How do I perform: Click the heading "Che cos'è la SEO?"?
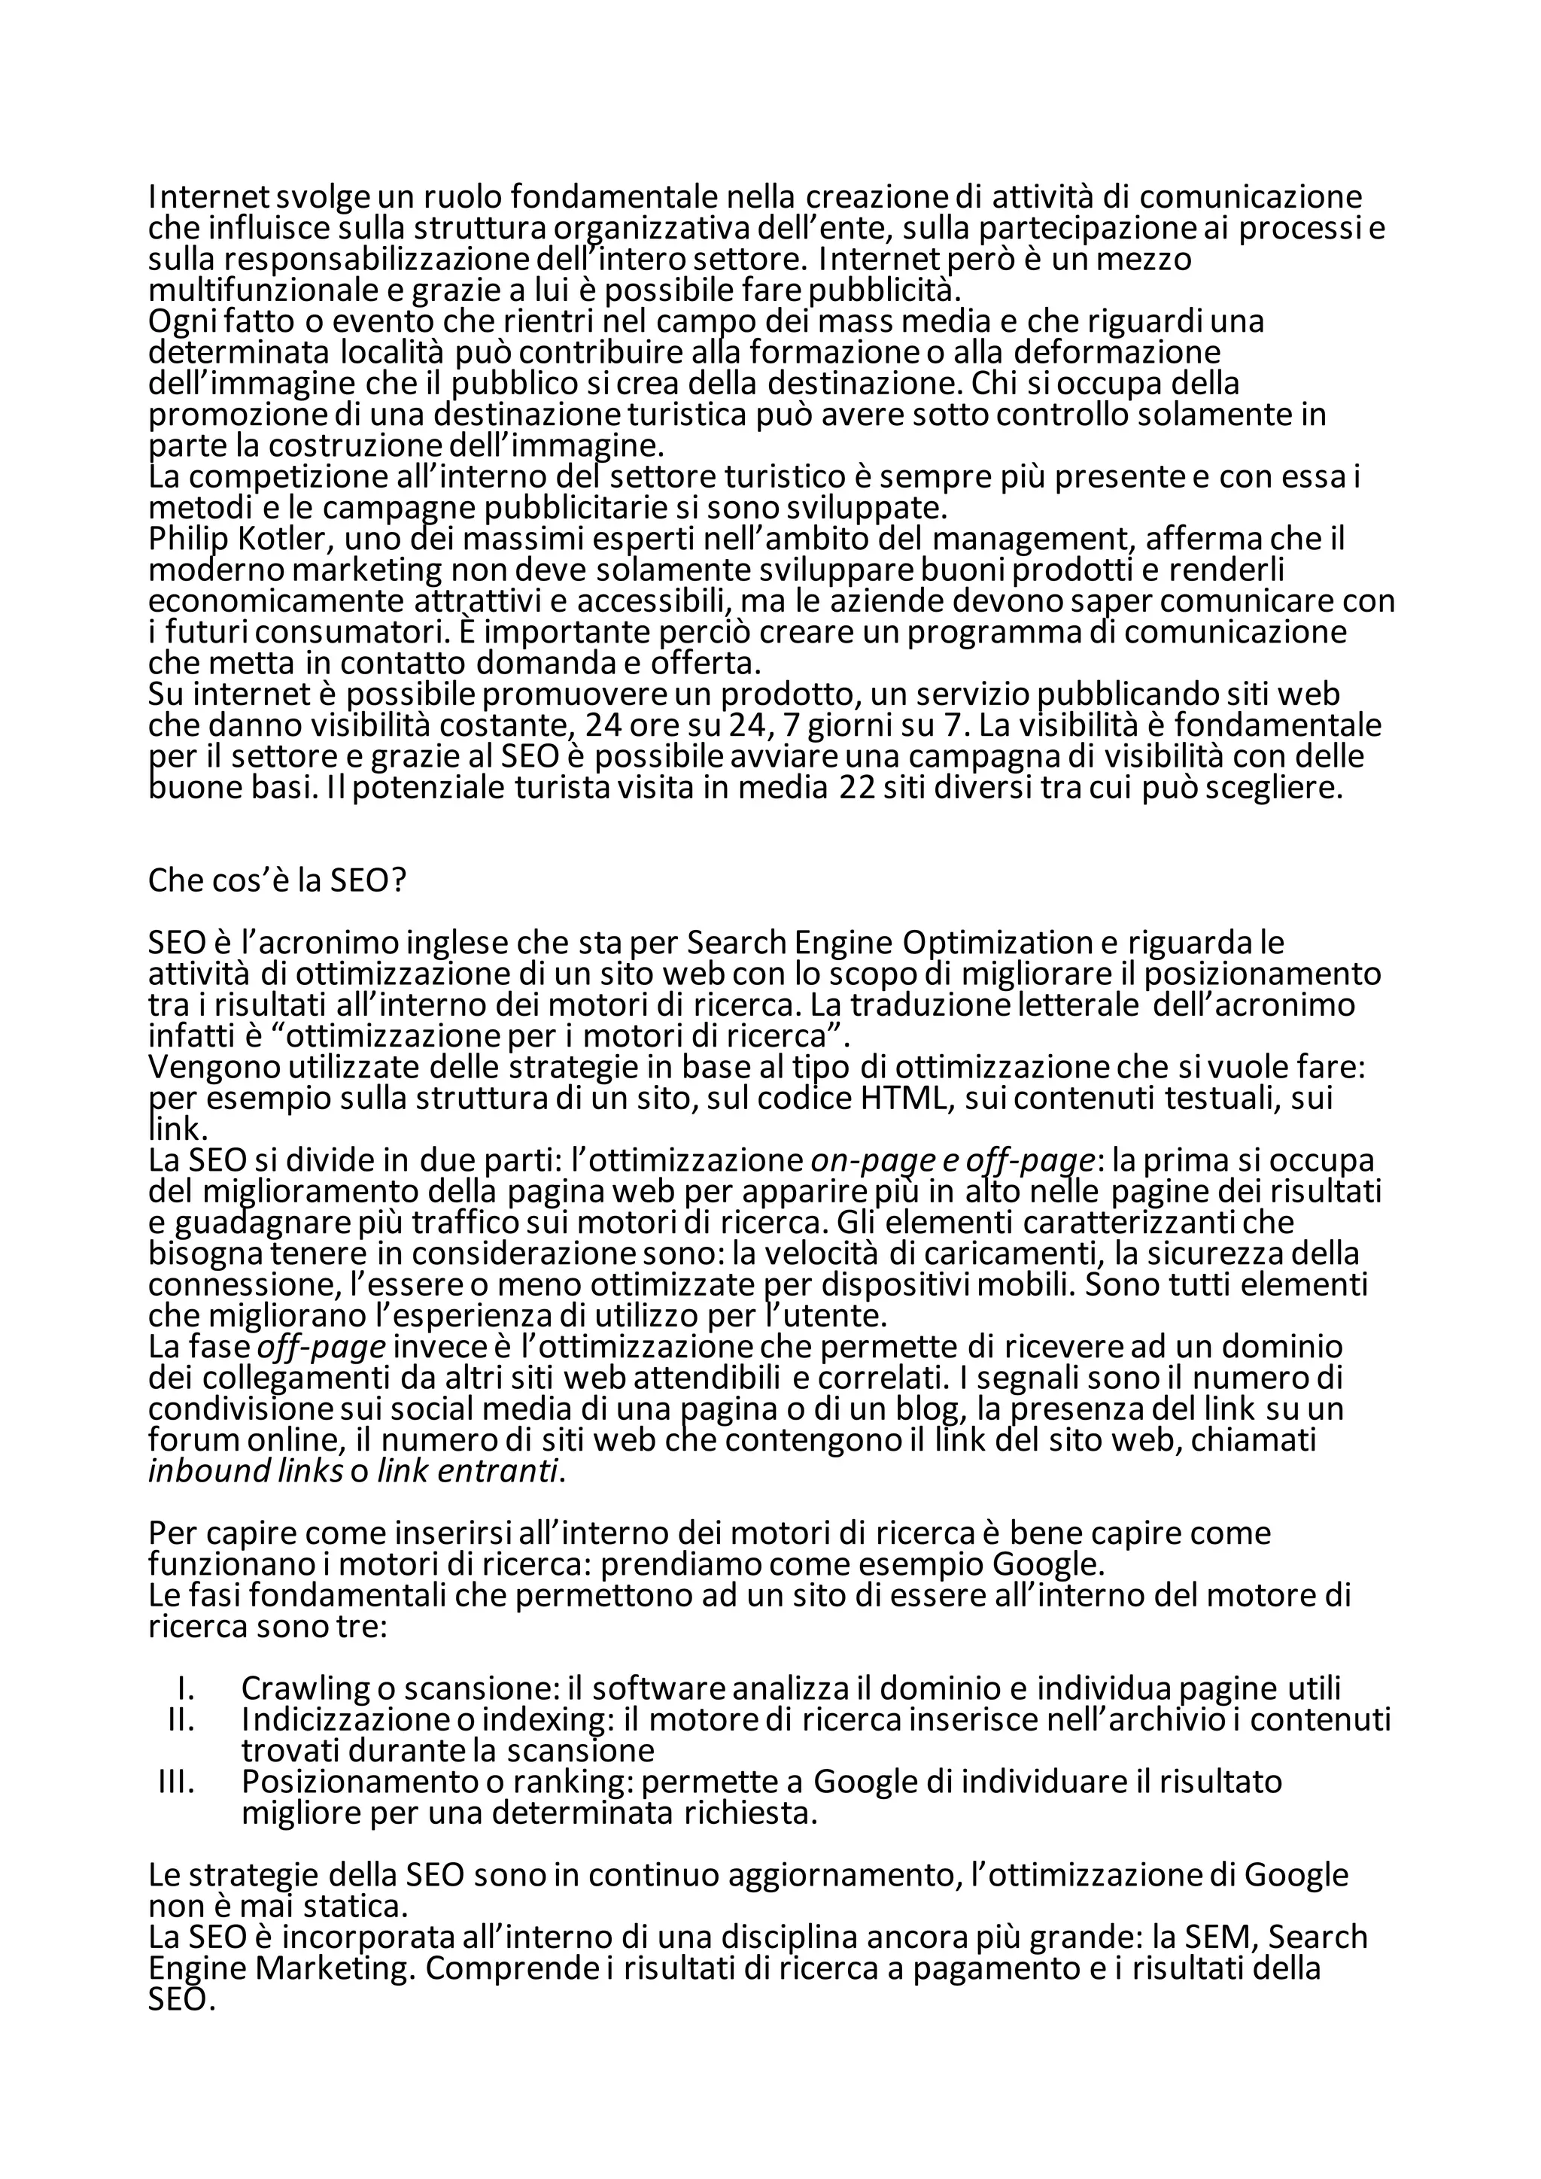[277, 881]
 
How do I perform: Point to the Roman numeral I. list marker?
[187, 1689]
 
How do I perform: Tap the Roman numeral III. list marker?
[177, 1782]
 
